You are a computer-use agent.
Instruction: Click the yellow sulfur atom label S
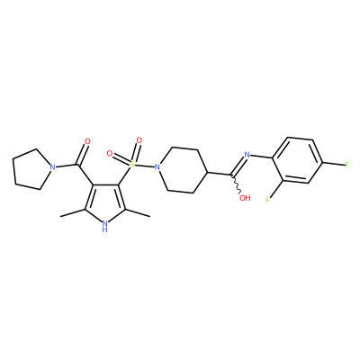(131, 164)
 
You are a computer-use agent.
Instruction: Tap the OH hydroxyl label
(245, 198)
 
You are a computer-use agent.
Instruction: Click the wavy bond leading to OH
(236, 184)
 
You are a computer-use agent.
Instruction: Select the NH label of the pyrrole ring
(104, 226)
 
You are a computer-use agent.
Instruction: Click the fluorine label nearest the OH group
(267, 200)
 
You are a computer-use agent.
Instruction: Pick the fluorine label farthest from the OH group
(347, 165)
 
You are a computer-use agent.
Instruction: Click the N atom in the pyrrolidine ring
(53, 166)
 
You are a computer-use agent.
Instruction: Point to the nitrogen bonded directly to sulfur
(156, 166)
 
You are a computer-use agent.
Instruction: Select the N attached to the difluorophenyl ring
(247, 155)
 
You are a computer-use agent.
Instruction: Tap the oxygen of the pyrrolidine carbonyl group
(87, 141)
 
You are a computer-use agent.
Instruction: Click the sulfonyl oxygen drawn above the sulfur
(139, 140)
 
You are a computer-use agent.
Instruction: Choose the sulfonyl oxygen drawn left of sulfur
(110, 154)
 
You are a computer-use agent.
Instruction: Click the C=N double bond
(238, 166)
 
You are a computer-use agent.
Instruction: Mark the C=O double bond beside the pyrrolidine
(82, 154)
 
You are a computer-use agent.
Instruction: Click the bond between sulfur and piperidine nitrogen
(144, 165)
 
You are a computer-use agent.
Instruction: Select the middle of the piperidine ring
(182, 170)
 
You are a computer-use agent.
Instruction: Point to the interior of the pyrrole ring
(104, 201)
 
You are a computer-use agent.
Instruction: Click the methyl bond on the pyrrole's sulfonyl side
(137, 212)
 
